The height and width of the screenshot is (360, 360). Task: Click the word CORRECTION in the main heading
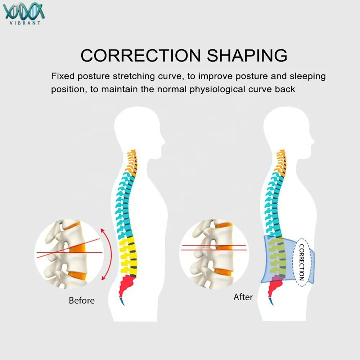click(x=140, y=55)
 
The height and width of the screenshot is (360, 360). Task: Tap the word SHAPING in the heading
click(x=247, y=55)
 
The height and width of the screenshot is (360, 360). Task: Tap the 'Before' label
click(x=82, y=300)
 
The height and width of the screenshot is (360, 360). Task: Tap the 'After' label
click(x=243, y=297)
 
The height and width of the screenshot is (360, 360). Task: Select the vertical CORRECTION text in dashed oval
click(x=302, y=262)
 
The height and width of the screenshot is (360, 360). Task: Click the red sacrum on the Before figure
click(x=129, y=284)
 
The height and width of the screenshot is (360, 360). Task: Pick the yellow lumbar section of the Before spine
click(x=129, y=254)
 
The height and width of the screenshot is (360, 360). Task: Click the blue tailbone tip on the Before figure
click(x=122, y=300)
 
